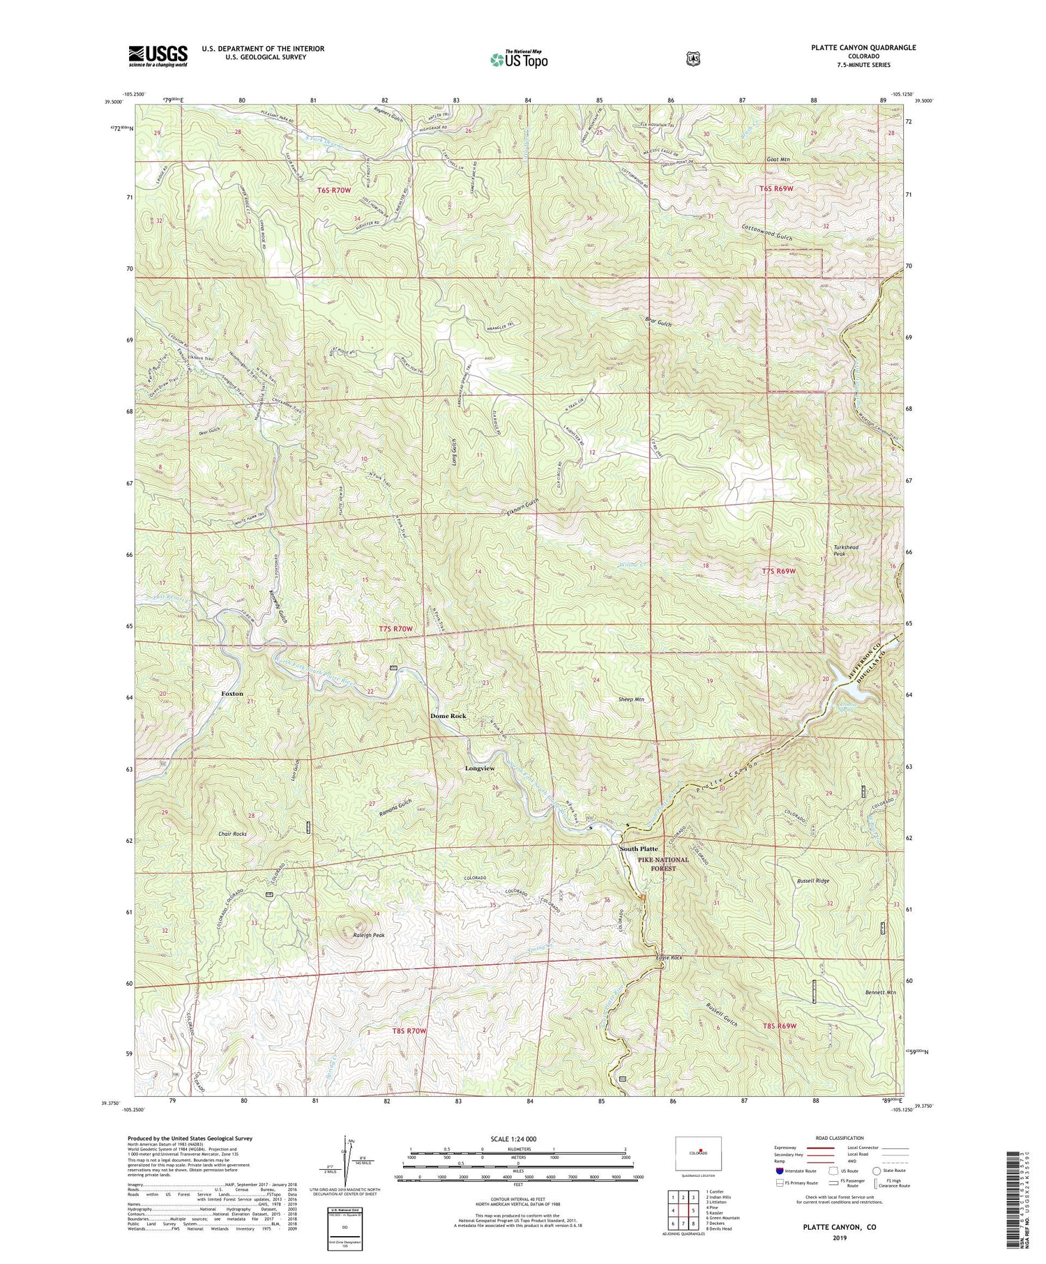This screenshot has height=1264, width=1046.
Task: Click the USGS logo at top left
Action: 158,56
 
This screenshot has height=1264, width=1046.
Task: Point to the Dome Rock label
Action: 448,716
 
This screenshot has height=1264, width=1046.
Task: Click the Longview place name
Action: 480,768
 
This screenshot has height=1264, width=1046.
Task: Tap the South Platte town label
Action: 639,848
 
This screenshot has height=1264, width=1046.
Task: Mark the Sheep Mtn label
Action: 631,699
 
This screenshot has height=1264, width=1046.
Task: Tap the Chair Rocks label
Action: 232,834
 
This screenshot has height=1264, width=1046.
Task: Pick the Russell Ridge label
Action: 812,881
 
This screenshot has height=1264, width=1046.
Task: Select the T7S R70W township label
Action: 396,629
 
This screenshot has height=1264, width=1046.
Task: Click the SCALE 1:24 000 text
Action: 517,1139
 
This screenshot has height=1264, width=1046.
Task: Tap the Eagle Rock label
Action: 668,958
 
